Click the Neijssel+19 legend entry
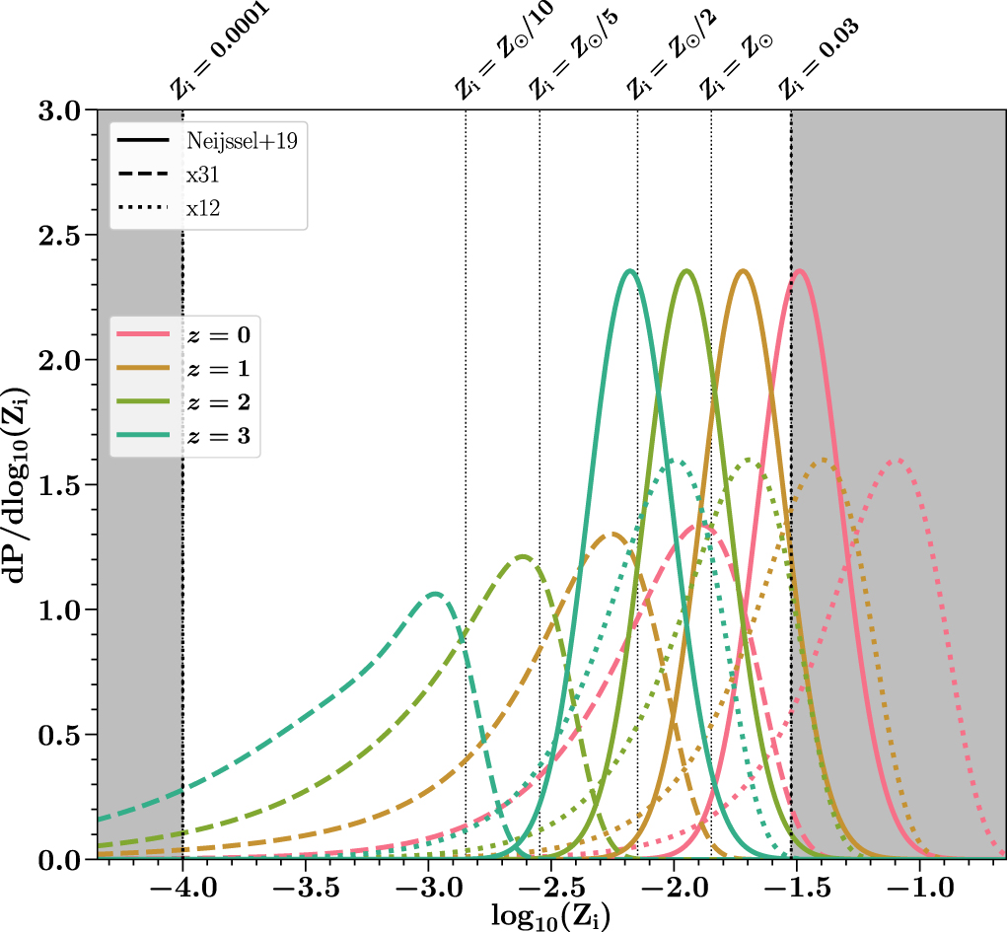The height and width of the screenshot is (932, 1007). click(x=207, y=139)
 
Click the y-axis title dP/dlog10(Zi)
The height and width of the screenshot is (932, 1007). click(x=22, y=483)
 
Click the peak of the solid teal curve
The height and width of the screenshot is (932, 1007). click(x=629, y=271)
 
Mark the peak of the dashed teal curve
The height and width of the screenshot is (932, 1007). click(x=434, y=594)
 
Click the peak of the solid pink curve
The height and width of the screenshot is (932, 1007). click(x=799, y=271)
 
